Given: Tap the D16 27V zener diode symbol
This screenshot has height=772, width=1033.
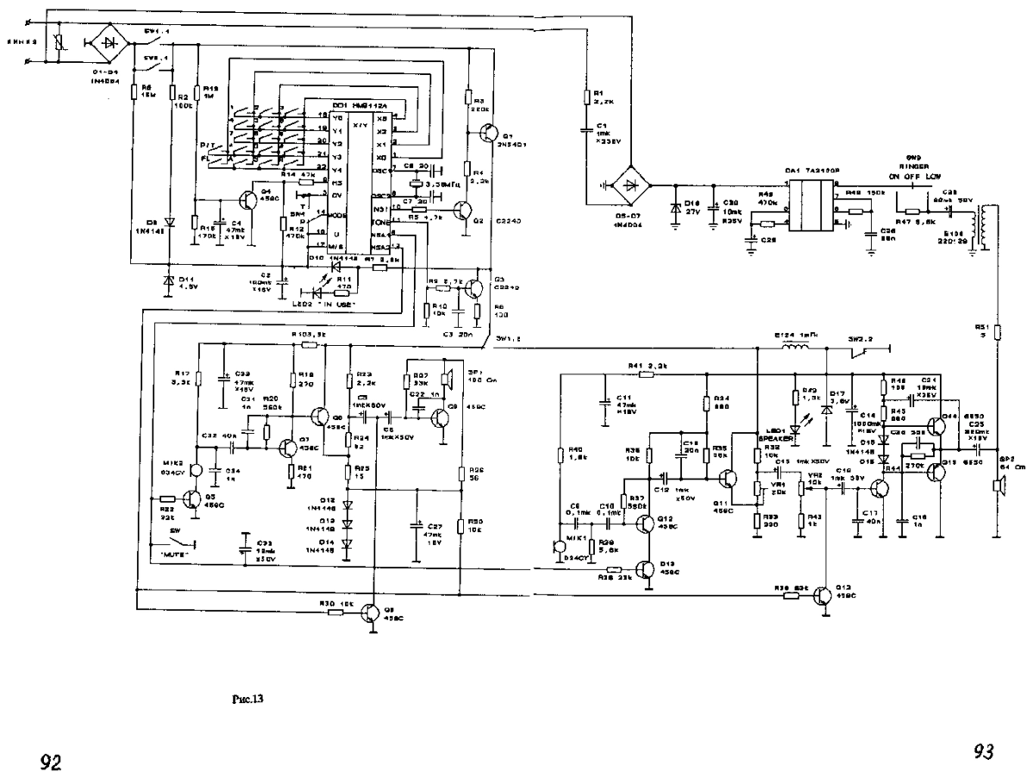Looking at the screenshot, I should (x=676, y=210).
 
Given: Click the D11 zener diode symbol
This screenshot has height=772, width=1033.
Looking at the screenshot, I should (x=168, y=280).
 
